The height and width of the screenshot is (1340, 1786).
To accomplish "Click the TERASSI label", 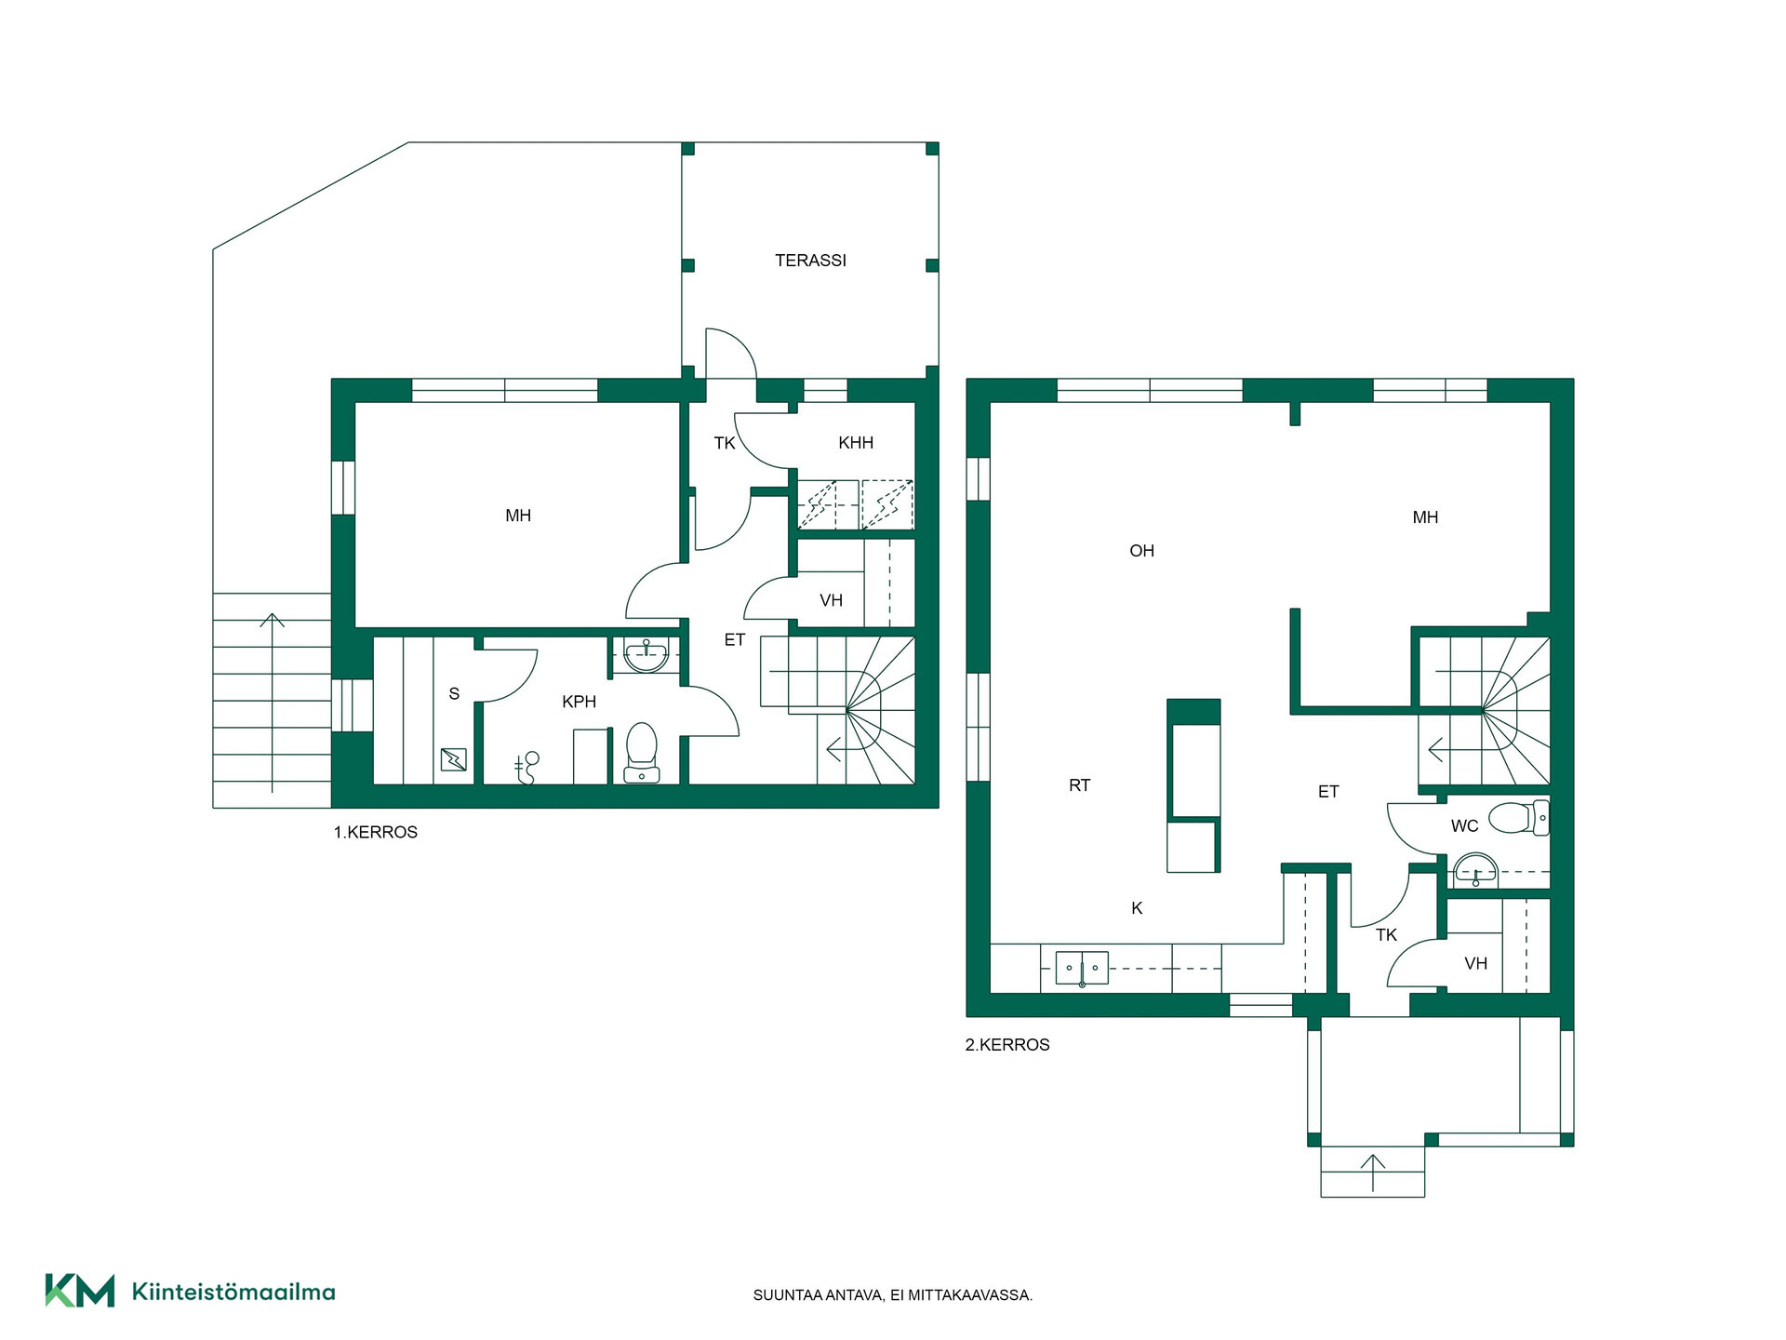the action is (810, 261).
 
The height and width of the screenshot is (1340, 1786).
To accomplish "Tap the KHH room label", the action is (856, 443).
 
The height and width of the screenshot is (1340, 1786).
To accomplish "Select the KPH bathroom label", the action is (579, 702).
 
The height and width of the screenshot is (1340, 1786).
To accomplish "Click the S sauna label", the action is (454, 693).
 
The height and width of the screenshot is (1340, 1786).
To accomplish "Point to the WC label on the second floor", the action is (1464, 825).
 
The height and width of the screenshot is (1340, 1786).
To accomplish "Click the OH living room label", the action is (1141, 551).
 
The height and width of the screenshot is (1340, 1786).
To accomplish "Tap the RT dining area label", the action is (1079, 785).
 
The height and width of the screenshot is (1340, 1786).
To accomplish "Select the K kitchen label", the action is (1137, 908).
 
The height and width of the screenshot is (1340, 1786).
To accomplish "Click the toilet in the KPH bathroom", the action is (642, 752).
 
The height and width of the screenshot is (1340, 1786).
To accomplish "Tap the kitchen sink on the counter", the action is (1082, 969).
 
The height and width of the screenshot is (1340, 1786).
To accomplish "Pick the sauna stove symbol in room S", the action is (454, 759).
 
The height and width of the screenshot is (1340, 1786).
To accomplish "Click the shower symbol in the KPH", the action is (526, 768).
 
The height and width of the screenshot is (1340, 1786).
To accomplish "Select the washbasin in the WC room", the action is (1475, 870).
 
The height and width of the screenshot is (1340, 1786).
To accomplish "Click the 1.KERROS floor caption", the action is (376, 833).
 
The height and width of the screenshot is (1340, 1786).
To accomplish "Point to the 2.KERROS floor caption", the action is (1007, 1045).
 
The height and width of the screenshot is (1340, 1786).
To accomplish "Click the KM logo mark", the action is (80, 1291).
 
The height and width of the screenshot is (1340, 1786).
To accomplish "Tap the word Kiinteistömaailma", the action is (233, 1292).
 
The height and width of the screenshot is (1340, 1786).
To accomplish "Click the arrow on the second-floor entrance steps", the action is (1373, 1172).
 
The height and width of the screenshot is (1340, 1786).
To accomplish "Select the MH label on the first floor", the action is (518, 516).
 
